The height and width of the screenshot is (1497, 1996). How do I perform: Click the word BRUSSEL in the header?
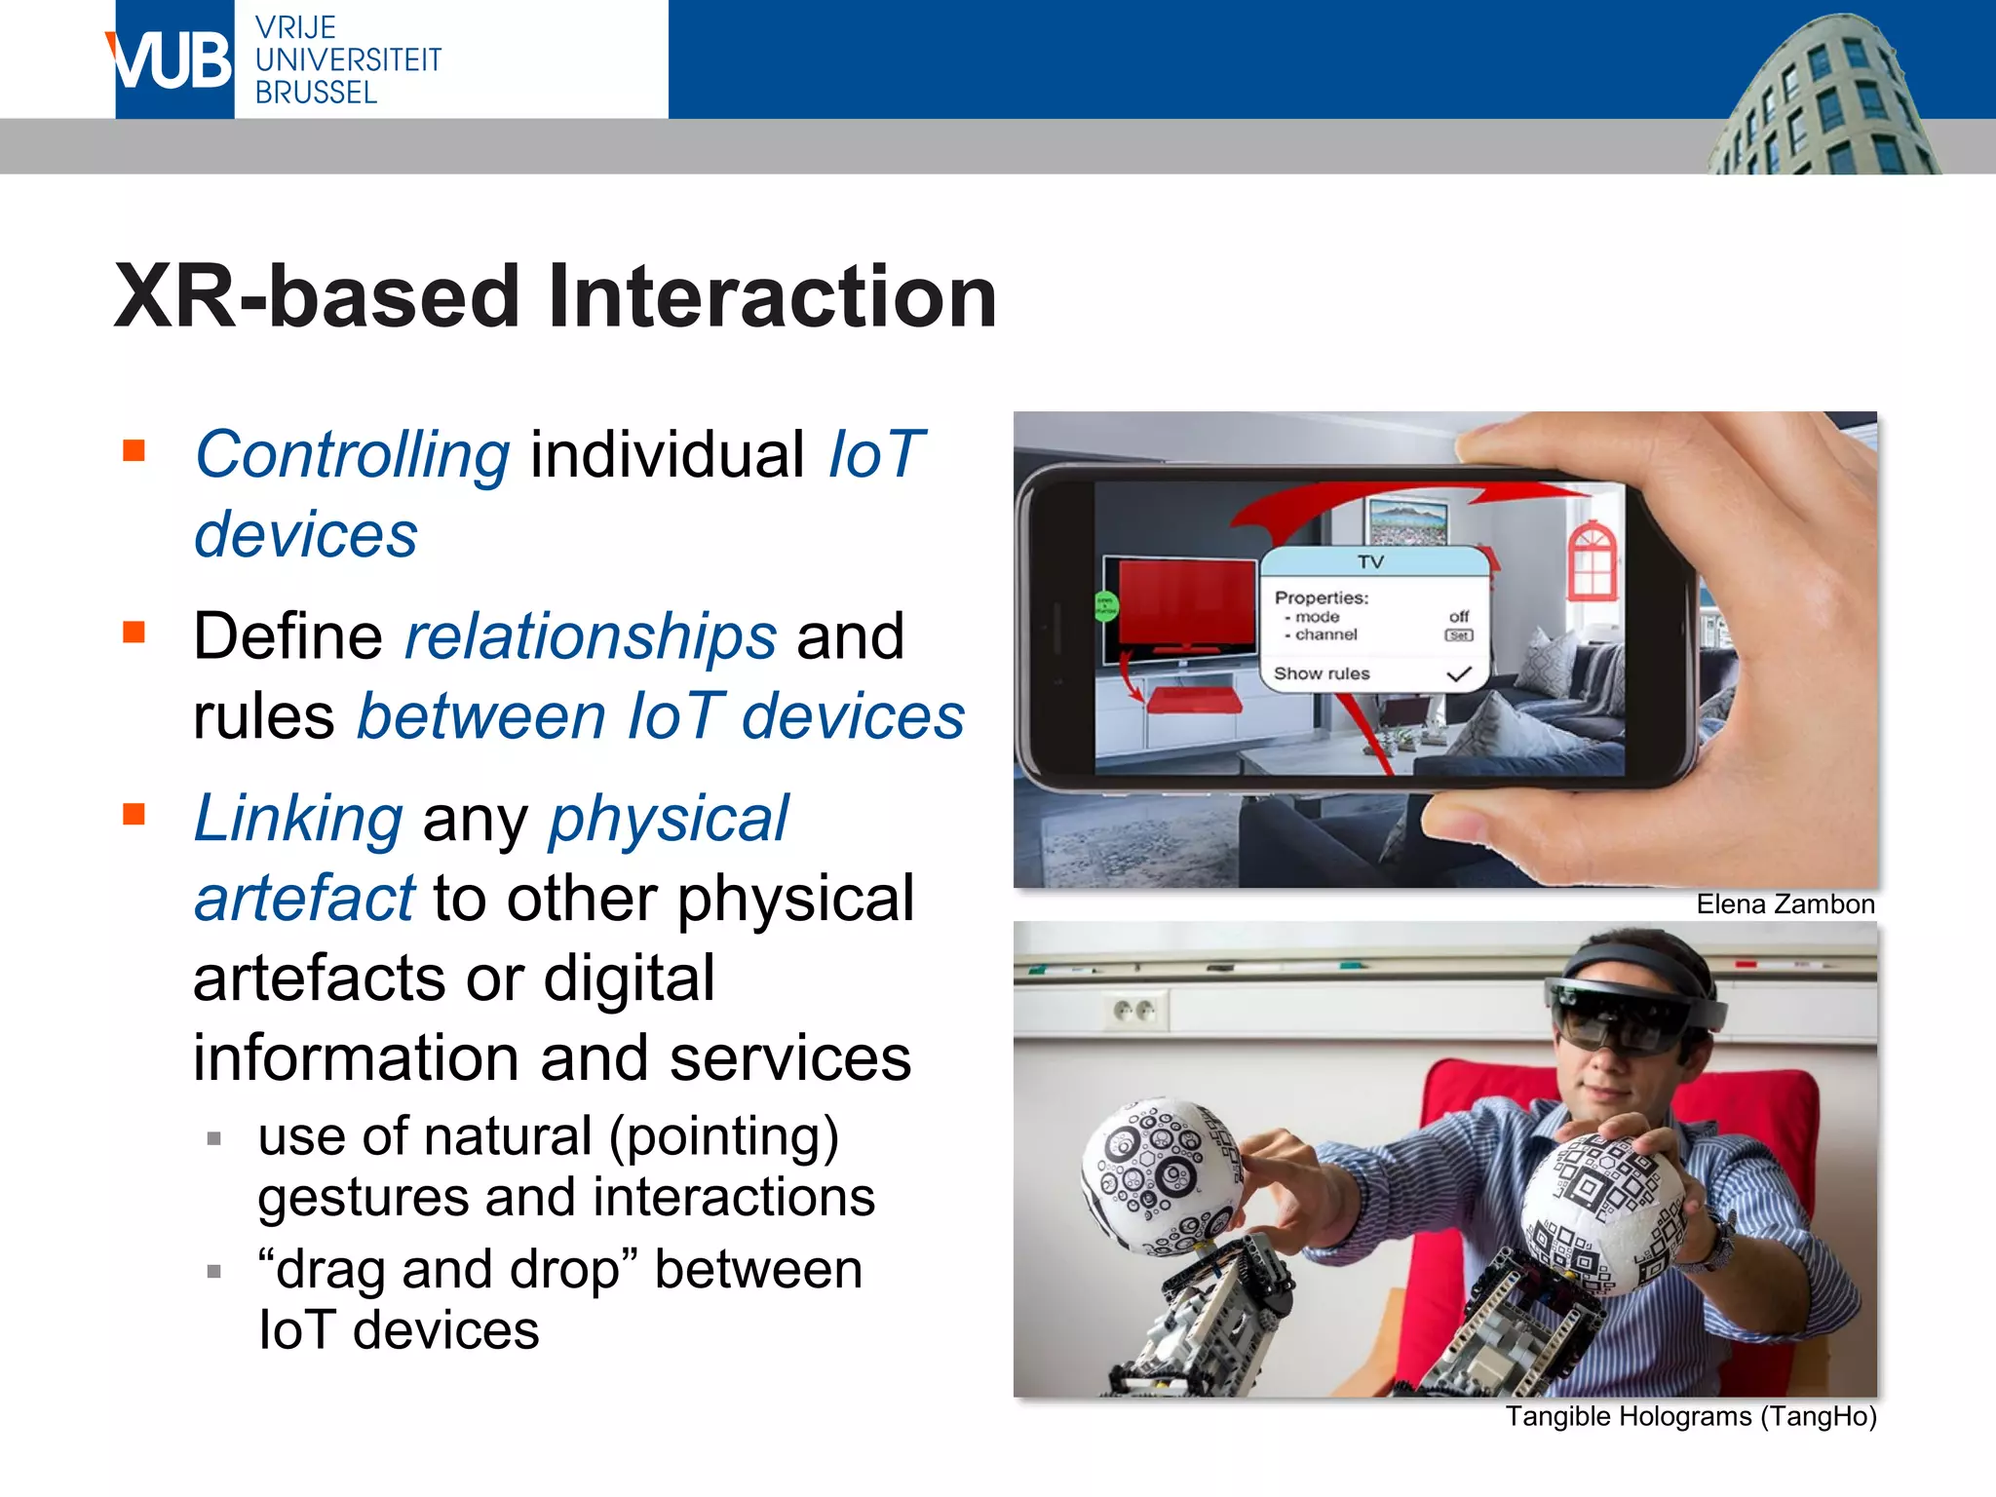point(316,94)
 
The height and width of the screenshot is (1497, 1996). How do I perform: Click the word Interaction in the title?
point(771,296)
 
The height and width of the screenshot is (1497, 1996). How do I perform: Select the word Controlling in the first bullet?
point(352,455)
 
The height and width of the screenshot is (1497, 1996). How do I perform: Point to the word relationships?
point(591,637)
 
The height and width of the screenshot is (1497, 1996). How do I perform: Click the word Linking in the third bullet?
point(298,819)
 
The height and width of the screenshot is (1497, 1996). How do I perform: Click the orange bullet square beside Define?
point(134,633)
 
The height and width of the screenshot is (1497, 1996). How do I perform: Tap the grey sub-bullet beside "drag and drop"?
point(214,1271)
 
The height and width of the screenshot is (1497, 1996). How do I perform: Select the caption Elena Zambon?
point(1785,904)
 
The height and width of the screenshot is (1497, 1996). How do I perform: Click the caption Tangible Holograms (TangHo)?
point(1690,1416)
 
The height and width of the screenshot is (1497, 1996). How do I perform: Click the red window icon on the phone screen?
point(1592,562)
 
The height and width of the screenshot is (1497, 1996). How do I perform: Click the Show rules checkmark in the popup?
point(1458,674)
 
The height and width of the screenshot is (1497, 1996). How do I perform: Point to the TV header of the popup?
point(1371,562)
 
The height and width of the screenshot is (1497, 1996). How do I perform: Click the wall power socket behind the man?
point(1134,1011)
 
